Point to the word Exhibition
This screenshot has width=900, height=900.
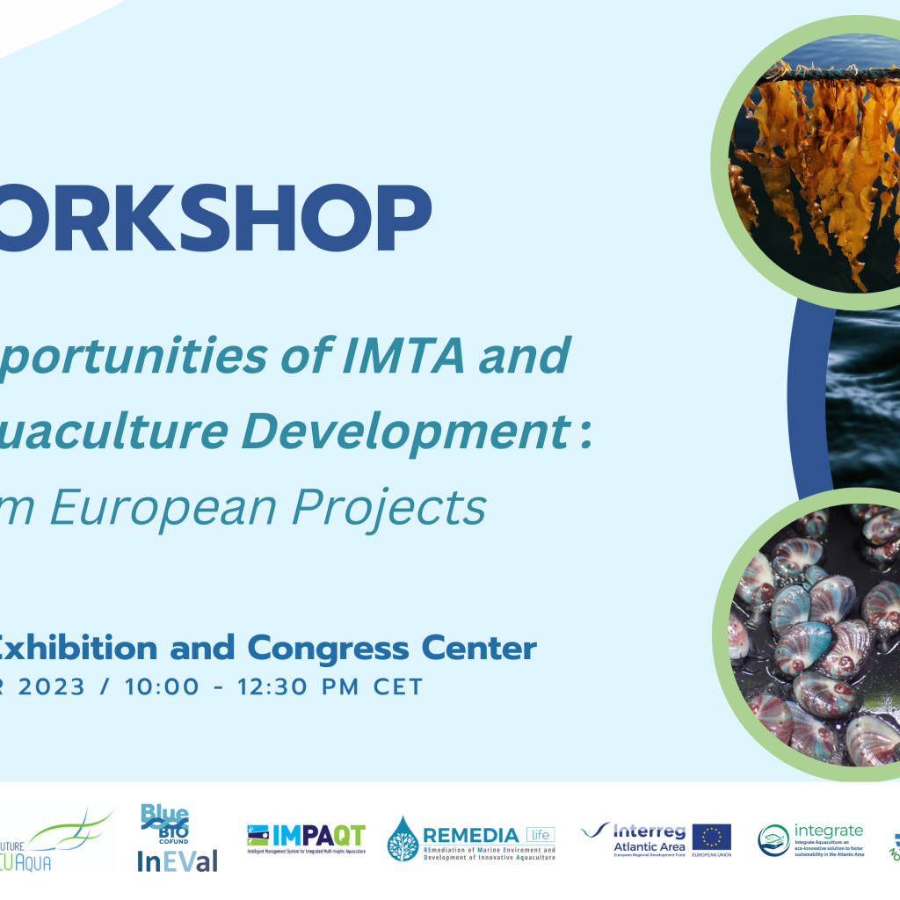coord(76,649)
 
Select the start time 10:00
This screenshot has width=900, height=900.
coord(161,686)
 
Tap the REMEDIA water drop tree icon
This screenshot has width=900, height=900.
coord(403,838)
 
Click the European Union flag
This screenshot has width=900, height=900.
coord(711,838)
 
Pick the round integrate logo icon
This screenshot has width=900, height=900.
coord(773,840)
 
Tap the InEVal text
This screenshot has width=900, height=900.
coord(177,861)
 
